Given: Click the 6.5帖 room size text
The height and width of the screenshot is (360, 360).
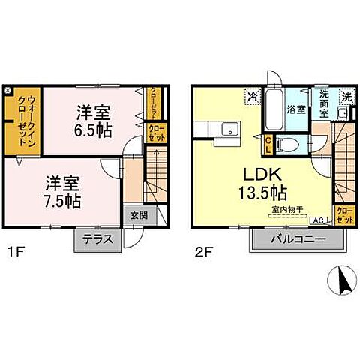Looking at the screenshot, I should pyautogui.click(x=93, y=128).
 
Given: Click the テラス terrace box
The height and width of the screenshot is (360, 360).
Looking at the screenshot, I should pyautogui.click(x=96, y=241).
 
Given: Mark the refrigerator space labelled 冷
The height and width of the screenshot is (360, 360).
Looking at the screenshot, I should pyautogui.click(x=253, y=96).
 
